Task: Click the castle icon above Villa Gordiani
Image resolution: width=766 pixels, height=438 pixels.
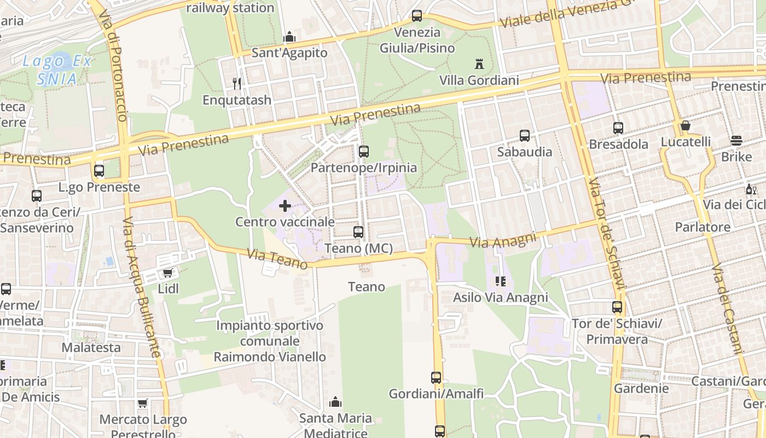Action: pyautogui.click(x=479, y=64)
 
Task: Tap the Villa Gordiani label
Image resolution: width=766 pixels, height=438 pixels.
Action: pyautogui.click(x=479, y=80)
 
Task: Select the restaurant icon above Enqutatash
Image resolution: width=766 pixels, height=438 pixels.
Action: pyautogui.click(x=237, y=83)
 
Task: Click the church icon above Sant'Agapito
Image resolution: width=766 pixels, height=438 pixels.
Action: pyautogui.click(x=289, y=37)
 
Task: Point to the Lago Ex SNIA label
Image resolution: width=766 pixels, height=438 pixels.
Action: pyautogui.click(x=57, y=70)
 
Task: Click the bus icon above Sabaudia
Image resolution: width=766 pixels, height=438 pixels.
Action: pyautogui.click(x=525, y=135)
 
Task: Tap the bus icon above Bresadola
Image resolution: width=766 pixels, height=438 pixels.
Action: pyautogui.click(x=618, y=128)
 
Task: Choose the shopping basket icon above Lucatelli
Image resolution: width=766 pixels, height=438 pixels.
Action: pyautogui.click(x=685, y=126)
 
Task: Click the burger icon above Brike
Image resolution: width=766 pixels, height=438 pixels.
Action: pyautogui.click(x=736, y=141)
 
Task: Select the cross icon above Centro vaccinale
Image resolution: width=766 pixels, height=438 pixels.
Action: pyautogui.click(x=285, y=206)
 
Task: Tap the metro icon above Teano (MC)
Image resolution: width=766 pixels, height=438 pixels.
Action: pyautogui.click(x=358, y=232)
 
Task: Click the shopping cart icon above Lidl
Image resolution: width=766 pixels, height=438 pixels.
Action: pyautogui.click(x=168, y=273)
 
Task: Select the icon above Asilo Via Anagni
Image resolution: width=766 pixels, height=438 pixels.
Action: pyautogui.click(x=500, y=281)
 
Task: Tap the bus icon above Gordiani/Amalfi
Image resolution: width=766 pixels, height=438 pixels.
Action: pyautogui.click(x=436, y=377)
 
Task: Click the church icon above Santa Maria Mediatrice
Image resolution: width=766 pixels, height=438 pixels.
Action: pyautogui.click(x=335, y=402)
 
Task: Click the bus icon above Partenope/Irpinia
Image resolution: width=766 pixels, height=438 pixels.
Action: pyautogui.click(x=364, y=152)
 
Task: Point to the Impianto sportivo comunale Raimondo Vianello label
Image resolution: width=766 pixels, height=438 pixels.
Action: pyautogui.click(x=270, y=341)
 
